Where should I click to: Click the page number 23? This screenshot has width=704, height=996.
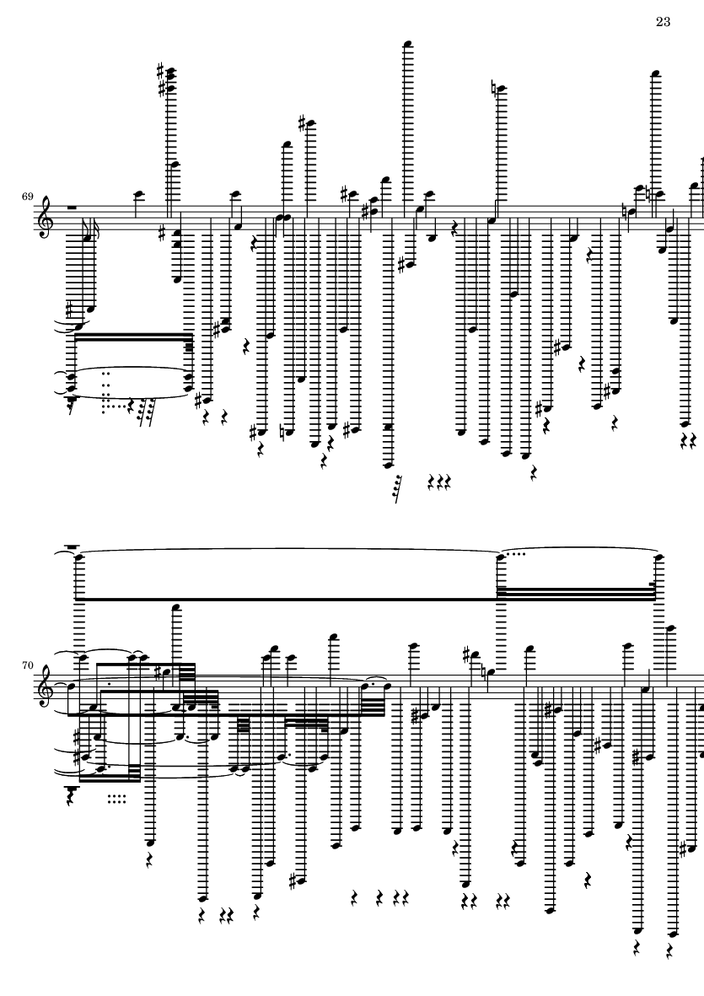pyautogui.click(x=663, y=22)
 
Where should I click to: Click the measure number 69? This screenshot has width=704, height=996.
pyautogui.click(x=27, y=197)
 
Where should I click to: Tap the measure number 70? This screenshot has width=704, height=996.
pyautogui.click(x=27, y=665)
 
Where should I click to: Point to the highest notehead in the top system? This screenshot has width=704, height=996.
pyautogui.click(x=408, y=44)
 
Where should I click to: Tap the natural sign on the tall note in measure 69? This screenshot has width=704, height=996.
pyautogui.click(x=496, y=89)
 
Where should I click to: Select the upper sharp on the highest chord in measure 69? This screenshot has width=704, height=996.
pyautogui.click(x=162, y=69)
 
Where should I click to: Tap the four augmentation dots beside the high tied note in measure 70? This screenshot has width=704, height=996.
pyautogui.click(x=518, y=554)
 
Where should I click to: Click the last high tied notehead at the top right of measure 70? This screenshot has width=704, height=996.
pyautogui.click(x=659, y=557)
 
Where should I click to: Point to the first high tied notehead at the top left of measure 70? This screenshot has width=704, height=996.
pyautogui.click(x=79, y=557)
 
